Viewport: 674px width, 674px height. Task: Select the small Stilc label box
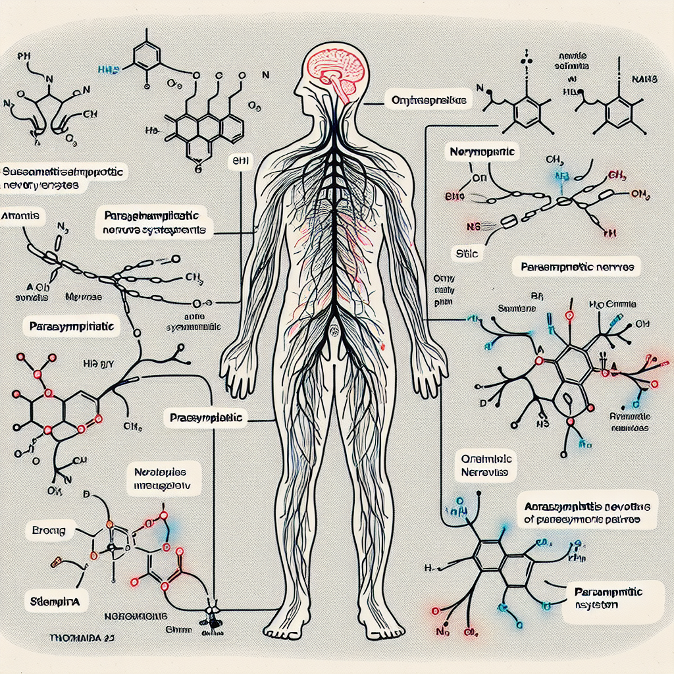[466, 252]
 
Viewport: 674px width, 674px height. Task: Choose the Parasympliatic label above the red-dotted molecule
[72, 326]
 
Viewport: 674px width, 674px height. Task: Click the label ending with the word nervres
[577, 268]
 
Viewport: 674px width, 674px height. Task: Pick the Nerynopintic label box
[483, 152]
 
